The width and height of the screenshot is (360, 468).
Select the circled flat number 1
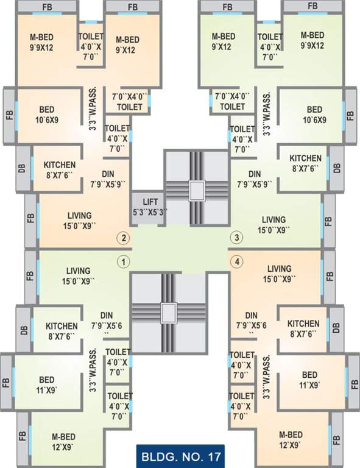coord(124,262)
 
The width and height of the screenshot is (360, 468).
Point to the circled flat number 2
coord(124,238)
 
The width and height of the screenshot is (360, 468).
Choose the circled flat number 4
coord(236,262)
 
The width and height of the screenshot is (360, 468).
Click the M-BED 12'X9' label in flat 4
coord(291,439)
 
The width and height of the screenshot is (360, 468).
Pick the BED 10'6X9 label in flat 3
coord(314,115)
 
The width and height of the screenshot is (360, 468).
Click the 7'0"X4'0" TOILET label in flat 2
coord(127,101)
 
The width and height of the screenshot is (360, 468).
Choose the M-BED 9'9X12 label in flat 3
coord(312,40)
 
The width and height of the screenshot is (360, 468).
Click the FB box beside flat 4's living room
coord(329,274)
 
